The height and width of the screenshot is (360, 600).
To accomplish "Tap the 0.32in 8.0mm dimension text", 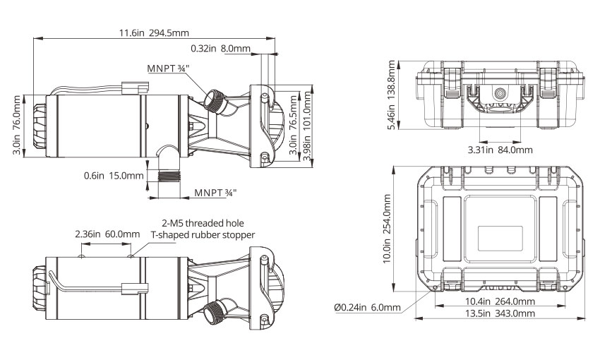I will pos(220,49).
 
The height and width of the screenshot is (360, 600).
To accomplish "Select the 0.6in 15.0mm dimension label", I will pos(114,175).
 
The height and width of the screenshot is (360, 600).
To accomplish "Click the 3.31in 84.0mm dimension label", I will pos(500,149).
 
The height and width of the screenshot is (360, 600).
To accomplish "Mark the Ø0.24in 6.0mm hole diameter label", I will pos(366,307).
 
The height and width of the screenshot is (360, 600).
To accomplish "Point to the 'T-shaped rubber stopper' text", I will pos(203,235).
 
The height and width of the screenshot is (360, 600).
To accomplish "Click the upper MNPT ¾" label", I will pos(168,68).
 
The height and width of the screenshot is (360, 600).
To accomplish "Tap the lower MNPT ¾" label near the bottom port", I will pos(215,192).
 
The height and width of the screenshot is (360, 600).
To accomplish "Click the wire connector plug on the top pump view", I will pos(137,88).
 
